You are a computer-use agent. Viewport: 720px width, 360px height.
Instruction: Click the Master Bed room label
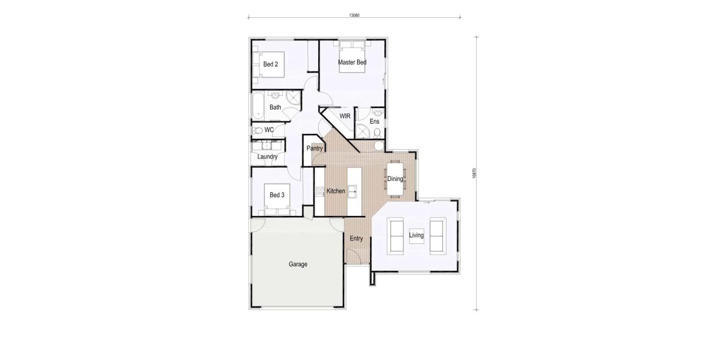pyautogui.click(x=352, y=62)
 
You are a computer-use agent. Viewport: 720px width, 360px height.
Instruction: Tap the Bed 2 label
pyautogui.click(x=271, y=64)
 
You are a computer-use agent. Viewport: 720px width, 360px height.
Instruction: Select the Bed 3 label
pyautogui.click(x=277, y=195)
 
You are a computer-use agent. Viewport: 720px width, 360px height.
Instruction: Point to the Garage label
pyautogui.click(x=298, y=264)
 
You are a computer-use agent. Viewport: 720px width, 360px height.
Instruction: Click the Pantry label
pyautogui.click(x=314, y=148)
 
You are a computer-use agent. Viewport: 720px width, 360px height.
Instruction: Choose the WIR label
pyautogui.click(x=345, y=116)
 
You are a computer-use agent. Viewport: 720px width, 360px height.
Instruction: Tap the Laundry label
pyautogui.click(x=267, y=157)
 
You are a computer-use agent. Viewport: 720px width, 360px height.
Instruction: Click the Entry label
pyautogui.click(x=356, y=239)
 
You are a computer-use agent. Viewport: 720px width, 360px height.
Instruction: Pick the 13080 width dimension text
pyautogui.click(x=355, y=15)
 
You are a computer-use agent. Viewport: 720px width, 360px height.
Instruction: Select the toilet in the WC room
pyautogui.click(x=257, y=130)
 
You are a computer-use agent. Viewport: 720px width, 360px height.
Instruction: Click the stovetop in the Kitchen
pyautogui.click(x=320, y=192)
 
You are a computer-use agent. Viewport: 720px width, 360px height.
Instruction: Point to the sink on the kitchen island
pyautogui.click(x=352, y=192)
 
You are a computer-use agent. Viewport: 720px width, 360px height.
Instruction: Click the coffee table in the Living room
pyautogui.click(x=416, y=236)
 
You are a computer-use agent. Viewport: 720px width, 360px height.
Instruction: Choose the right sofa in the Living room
pyautogui.click(x=438, y=236)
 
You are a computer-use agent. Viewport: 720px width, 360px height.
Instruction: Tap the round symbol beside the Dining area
pyautogui.click(x=378, y=146)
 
